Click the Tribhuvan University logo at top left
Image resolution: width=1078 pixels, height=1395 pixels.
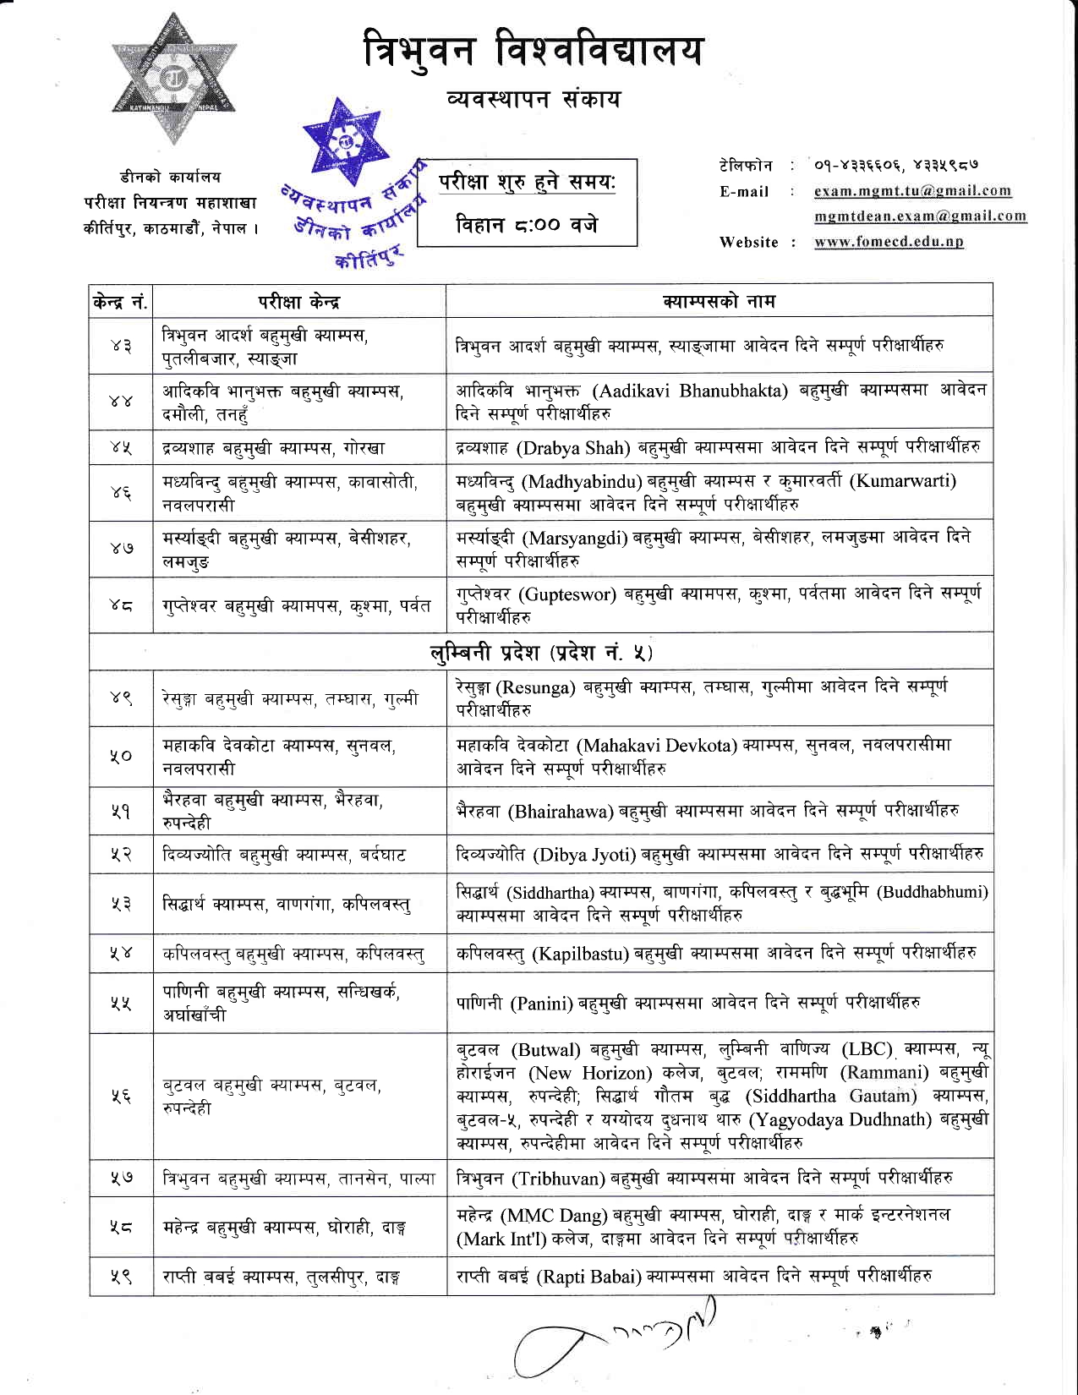coord(174,79)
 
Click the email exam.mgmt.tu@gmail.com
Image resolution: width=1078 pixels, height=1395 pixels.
coord(912,191)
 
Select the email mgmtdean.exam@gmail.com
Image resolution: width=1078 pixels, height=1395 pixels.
coord(920,216)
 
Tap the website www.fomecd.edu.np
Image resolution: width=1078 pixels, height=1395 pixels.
coord(889,243)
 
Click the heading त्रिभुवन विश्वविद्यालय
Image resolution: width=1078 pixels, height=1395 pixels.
coord(533,51)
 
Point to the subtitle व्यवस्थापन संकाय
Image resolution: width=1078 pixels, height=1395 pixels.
coord(534,100)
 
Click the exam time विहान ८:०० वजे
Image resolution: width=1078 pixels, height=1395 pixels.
coord(527,225)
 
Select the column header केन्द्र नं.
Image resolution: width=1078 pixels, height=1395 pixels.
coord(121,302)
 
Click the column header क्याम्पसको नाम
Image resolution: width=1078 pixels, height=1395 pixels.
coord(719,301)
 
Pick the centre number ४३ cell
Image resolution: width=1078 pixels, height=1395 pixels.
coord(121,346)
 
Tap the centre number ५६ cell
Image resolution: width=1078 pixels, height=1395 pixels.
coord(121,1096)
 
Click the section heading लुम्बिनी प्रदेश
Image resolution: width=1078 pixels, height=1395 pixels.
coord(541,653)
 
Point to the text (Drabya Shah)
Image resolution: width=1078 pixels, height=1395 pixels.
coord(574,447)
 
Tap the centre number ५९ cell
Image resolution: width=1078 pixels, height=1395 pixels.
coord(121,1276)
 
